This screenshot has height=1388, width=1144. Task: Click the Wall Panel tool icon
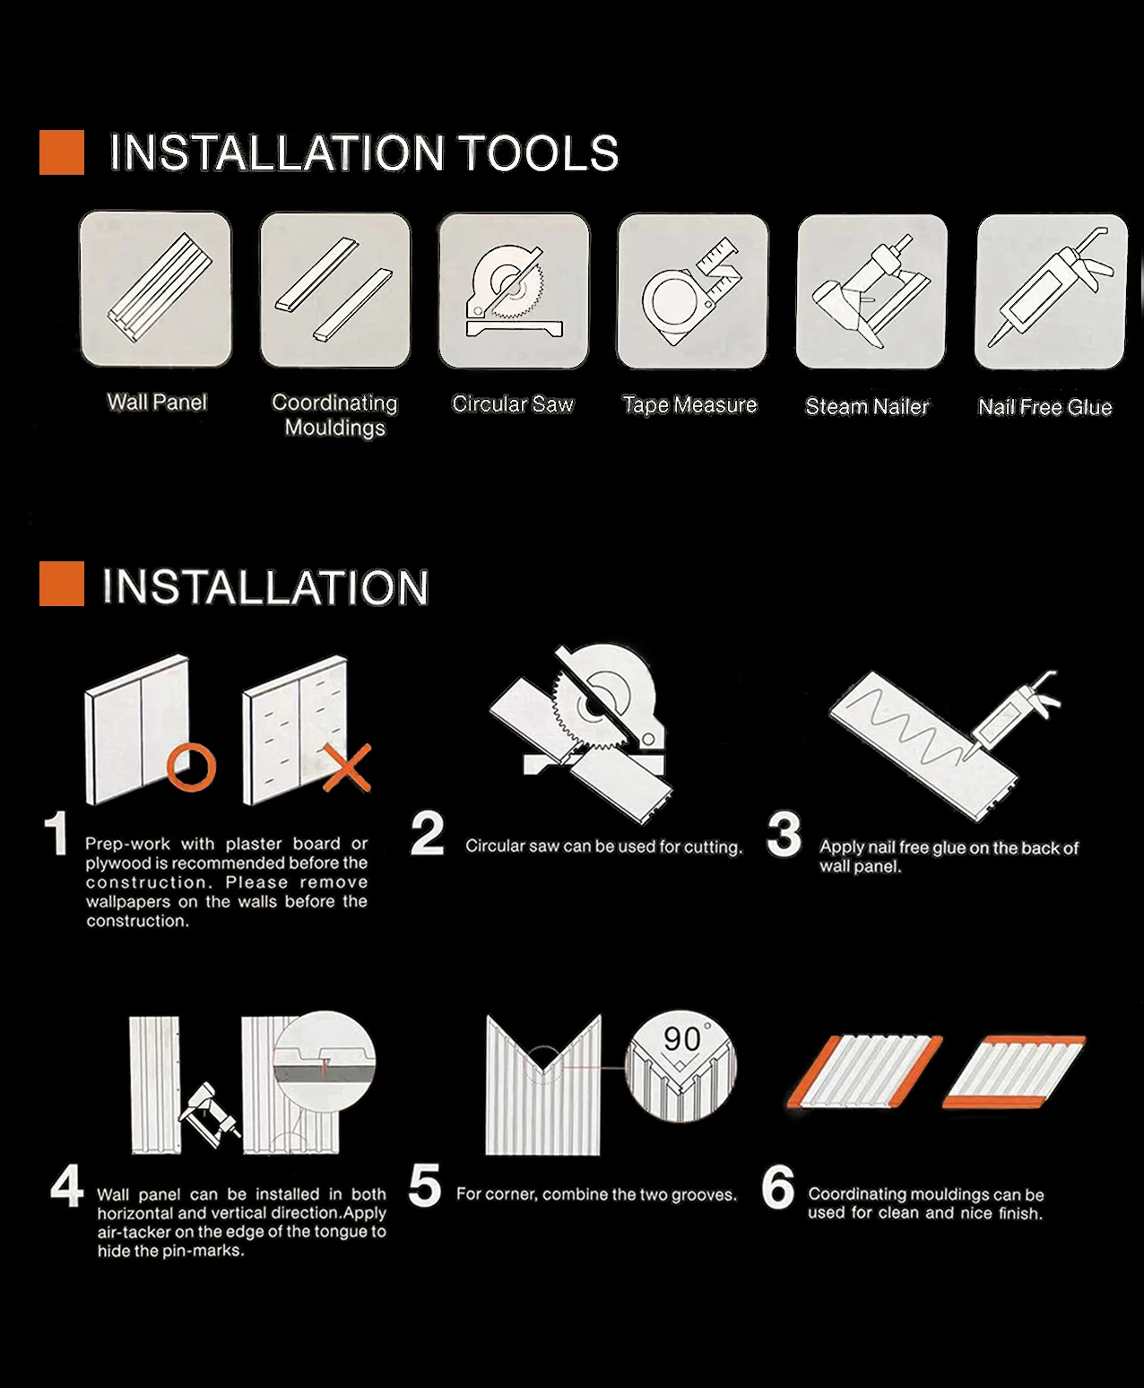(x=155, y=289)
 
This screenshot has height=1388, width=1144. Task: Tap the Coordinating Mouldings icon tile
(x=335, y=290)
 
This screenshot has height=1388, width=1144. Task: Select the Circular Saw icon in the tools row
(x=514, y=291)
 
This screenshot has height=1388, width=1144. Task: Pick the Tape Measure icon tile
(x=693, y=291)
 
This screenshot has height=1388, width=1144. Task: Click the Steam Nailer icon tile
(x=871, y=291)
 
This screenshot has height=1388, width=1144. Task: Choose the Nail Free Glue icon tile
(x=1051, y=291)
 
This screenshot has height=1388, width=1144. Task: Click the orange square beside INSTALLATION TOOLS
(x=62, y=152)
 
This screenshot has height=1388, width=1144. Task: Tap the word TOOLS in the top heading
(x=539, y=153)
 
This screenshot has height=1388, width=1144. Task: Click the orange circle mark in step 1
(x=191, y=768)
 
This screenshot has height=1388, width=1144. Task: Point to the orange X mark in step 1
(x=347, y=768)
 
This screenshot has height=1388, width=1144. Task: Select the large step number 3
(x=784, y=834)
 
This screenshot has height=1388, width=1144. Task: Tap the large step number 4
(x=67, y=1185)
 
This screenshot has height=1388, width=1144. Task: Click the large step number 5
(x=425, y=1186)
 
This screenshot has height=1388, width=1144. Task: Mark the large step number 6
(x=777, y=1186)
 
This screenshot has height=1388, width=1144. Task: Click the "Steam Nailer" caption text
(x=867, y=406)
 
